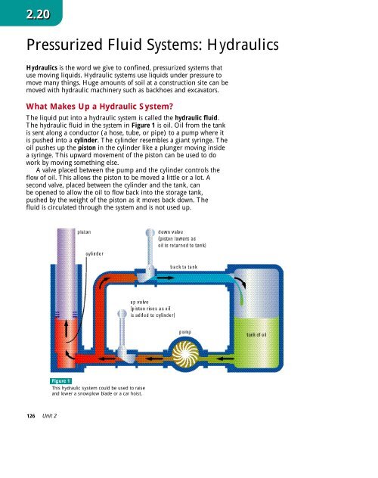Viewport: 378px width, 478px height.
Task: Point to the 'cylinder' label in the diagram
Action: click(x=94, y=254)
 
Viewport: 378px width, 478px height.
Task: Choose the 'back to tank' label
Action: click(x=184, y=268)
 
